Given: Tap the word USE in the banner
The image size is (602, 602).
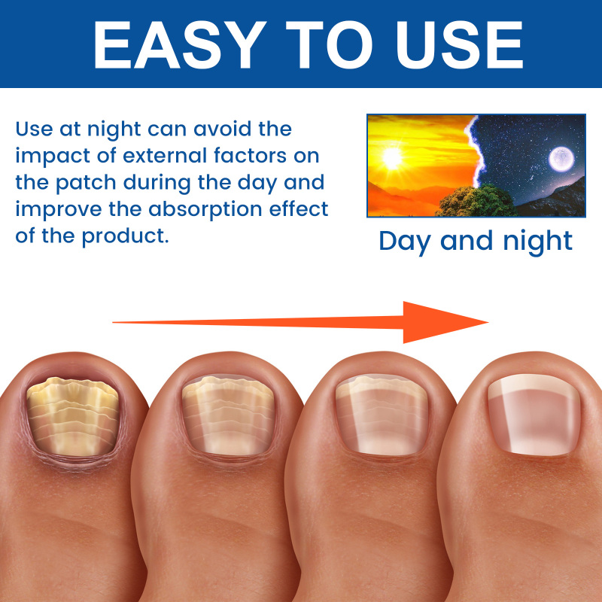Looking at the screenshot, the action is coord(459,45).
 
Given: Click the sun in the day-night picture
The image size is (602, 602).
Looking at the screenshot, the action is coord(392,158).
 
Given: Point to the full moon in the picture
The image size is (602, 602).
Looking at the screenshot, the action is coord(561,159).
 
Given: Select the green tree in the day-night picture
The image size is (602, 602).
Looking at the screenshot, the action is coord(476,201).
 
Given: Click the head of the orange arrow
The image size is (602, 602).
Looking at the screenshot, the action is coord(445,322).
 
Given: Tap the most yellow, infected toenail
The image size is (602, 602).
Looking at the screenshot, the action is coord(72,417).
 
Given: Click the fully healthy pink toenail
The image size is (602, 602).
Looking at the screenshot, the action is coord(534,415).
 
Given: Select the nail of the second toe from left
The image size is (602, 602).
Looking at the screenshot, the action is coord(228,416).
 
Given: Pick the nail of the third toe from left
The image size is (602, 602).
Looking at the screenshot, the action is coord(382,415).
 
